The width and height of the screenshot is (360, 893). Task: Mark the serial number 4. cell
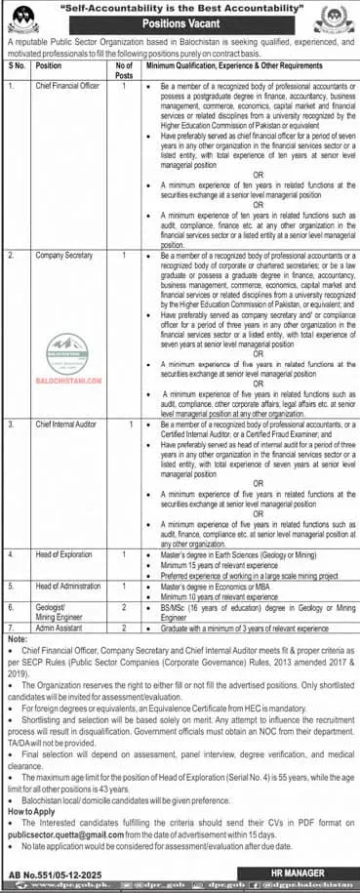[13, 553]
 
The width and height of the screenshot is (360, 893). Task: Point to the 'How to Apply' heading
[30, 810]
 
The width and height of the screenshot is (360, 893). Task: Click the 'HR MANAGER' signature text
[306, 868]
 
